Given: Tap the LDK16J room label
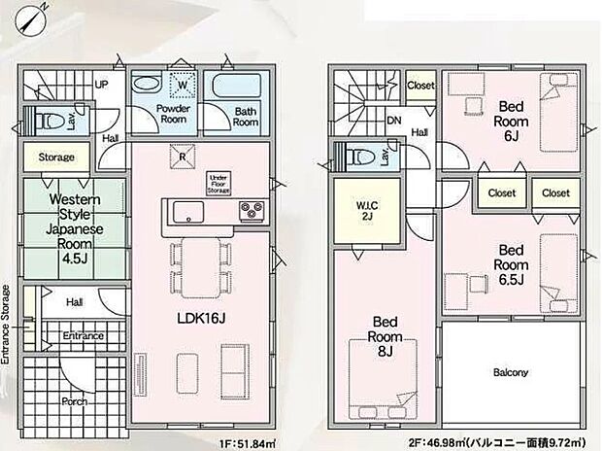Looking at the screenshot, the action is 201,318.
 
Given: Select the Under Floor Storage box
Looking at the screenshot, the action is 218,184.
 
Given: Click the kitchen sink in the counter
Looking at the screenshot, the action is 188,212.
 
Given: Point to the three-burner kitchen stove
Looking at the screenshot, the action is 251,211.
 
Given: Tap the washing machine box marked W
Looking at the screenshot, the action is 183,85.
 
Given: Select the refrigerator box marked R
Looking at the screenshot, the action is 183,156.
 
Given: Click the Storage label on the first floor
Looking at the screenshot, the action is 56,156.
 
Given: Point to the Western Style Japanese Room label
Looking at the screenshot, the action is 75,228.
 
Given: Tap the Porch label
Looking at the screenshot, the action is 75,401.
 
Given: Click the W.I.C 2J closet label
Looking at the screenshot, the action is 367,210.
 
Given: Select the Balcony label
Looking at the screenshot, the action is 511,372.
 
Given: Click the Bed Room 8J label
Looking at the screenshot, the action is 385,336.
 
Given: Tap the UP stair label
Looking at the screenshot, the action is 101,85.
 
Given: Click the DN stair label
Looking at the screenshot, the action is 394,121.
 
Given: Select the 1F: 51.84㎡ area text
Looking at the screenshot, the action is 248,443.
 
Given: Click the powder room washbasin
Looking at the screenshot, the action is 147,84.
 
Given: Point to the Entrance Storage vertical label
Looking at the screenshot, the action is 6,325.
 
